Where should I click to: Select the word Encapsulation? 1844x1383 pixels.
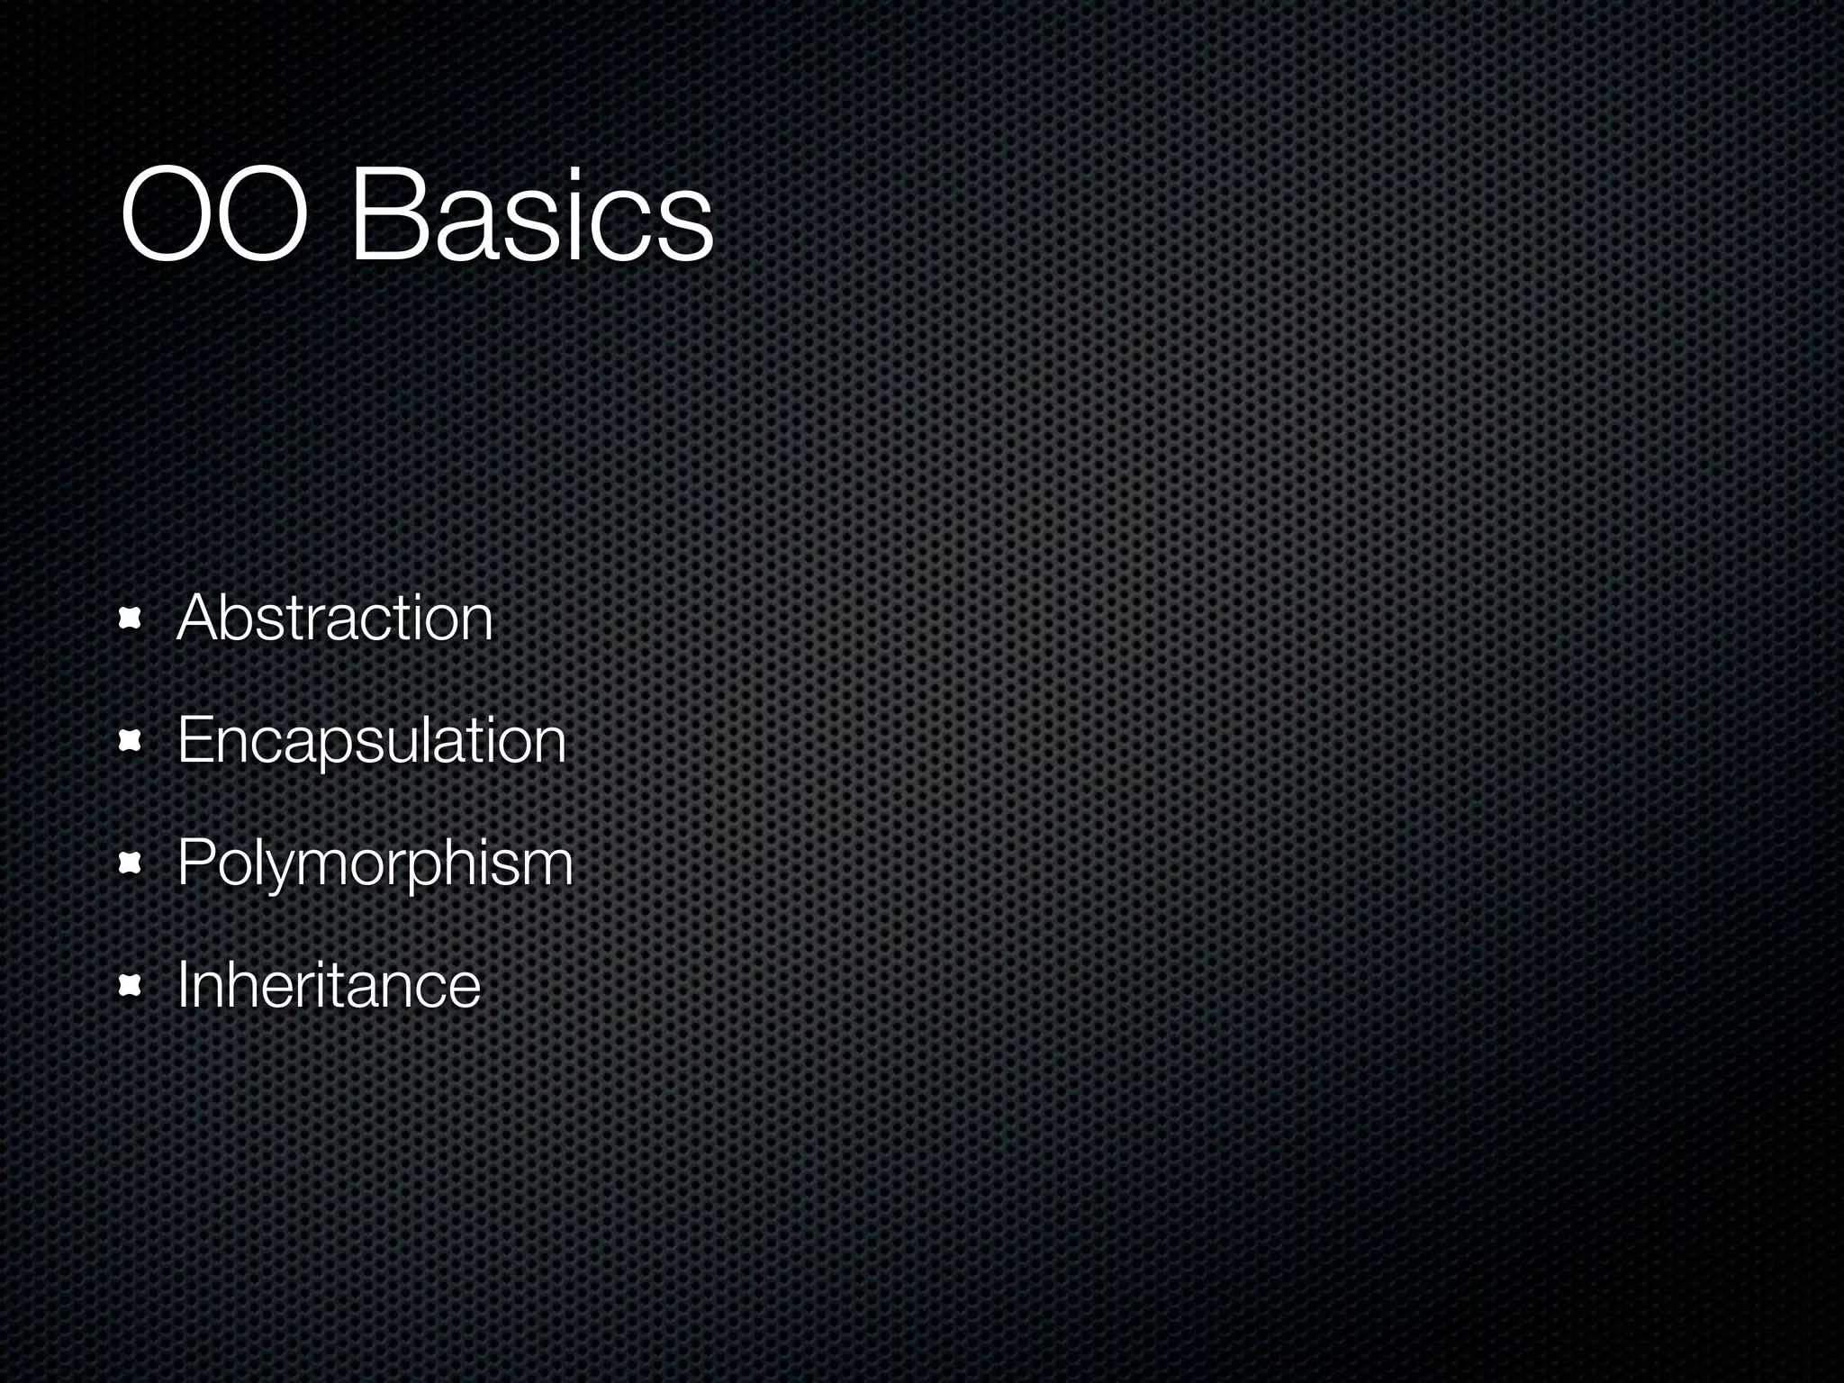pos(371,740)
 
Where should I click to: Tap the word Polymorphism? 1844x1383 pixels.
pos(375,863)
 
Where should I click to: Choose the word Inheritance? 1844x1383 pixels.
pos(329,985)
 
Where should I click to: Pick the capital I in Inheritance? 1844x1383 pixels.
pos(183,985)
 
